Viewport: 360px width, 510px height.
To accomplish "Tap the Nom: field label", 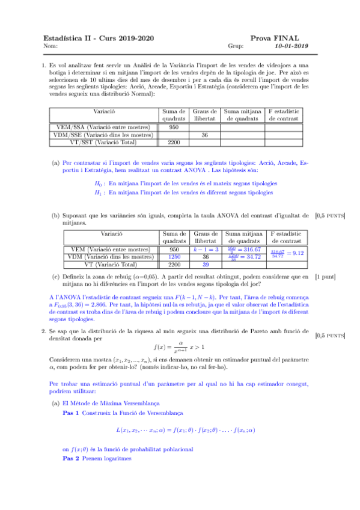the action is pos(50,46).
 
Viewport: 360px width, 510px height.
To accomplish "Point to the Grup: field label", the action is pos(235,46).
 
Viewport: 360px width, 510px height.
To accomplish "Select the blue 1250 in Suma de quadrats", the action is pos(175,257).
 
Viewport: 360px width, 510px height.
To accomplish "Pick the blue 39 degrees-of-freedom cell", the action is pos(205,264).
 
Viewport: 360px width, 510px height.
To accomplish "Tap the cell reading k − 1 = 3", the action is pos(205,249).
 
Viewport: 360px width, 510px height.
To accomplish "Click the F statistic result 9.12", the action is pos(296,253).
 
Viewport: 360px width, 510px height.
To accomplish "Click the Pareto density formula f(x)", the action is pos(180,346).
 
